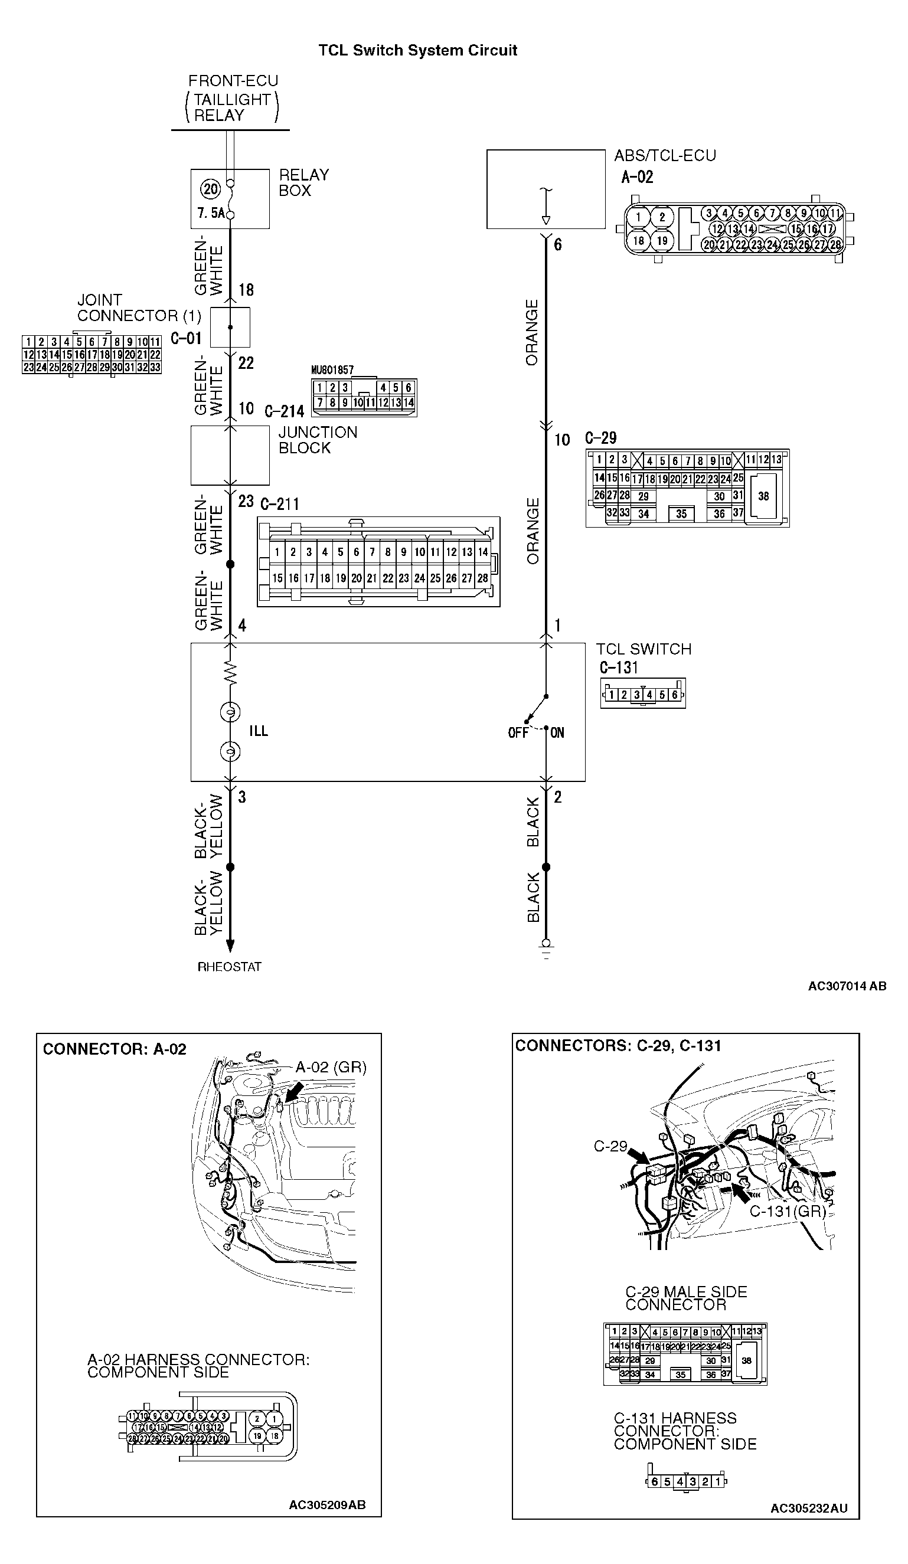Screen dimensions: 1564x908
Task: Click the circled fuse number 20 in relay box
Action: (x=211, y=189)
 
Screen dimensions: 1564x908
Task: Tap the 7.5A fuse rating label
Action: (x=210, y=214)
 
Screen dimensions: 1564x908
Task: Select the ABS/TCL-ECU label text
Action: (x=665, y=156)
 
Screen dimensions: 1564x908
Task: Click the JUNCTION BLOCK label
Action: (x=317, y=440)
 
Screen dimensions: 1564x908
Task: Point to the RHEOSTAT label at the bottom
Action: (x=229, y=967)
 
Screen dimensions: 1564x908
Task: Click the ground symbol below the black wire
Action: (x=546, y=950)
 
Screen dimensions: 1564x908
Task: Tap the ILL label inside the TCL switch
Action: (x=258, y=731)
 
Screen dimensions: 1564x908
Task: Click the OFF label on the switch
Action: (x=518, y=733)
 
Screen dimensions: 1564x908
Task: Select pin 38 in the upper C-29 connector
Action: (x=763, y=496)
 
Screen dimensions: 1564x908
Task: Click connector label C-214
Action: (x=284, y=411)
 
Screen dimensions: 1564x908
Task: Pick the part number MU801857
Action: (x=332, y=370)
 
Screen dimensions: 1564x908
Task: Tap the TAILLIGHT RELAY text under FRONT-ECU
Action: (x=231, y=107)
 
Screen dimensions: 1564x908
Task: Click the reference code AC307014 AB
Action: (x=847, y=986)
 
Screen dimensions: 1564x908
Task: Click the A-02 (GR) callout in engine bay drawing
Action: (x=330, y=1068)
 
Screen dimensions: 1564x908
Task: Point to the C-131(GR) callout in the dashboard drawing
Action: (x=788, y=1211)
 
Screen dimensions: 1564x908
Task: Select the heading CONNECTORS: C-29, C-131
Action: (x=618, y=1046)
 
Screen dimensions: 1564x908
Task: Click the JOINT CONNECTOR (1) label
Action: (x=139, y=308)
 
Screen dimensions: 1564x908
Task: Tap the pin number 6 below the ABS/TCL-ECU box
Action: (x=557, y=244)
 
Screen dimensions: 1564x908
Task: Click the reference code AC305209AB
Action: (x=327, y=1505)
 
